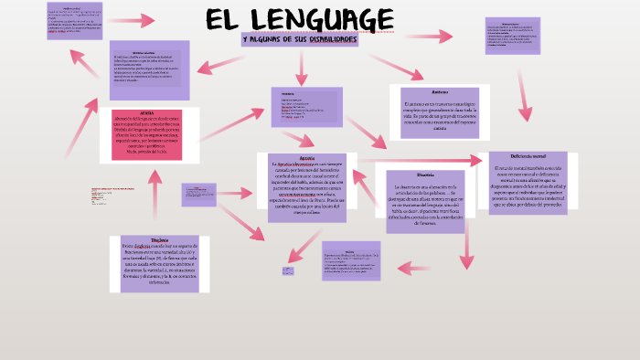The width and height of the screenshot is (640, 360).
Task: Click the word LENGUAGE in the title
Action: [325, 19]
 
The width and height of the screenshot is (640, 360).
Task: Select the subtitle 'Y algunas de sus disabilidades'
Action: [299, 40]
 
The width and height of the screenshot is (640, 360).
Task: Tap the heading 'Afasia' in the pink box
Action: [147, 112]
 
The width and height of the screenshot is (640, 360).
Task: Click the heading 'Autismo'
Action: [439, 93]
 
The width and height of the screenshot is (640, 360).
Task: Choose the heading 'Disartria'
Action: [425, 175]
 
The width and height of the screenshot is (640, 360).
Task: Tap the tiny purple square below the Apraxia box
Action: [288, 270]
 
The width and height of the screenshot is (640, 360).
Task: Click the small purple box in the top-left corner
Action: [74, 21]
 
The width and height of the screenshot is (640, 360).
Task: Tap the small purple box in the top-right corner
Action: [512, 36]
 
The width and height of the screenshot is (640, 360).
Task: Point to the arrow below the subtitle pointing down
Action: [299, 66]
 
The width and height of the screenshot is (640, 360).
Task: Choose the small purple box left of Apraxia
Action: [199, 193]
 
